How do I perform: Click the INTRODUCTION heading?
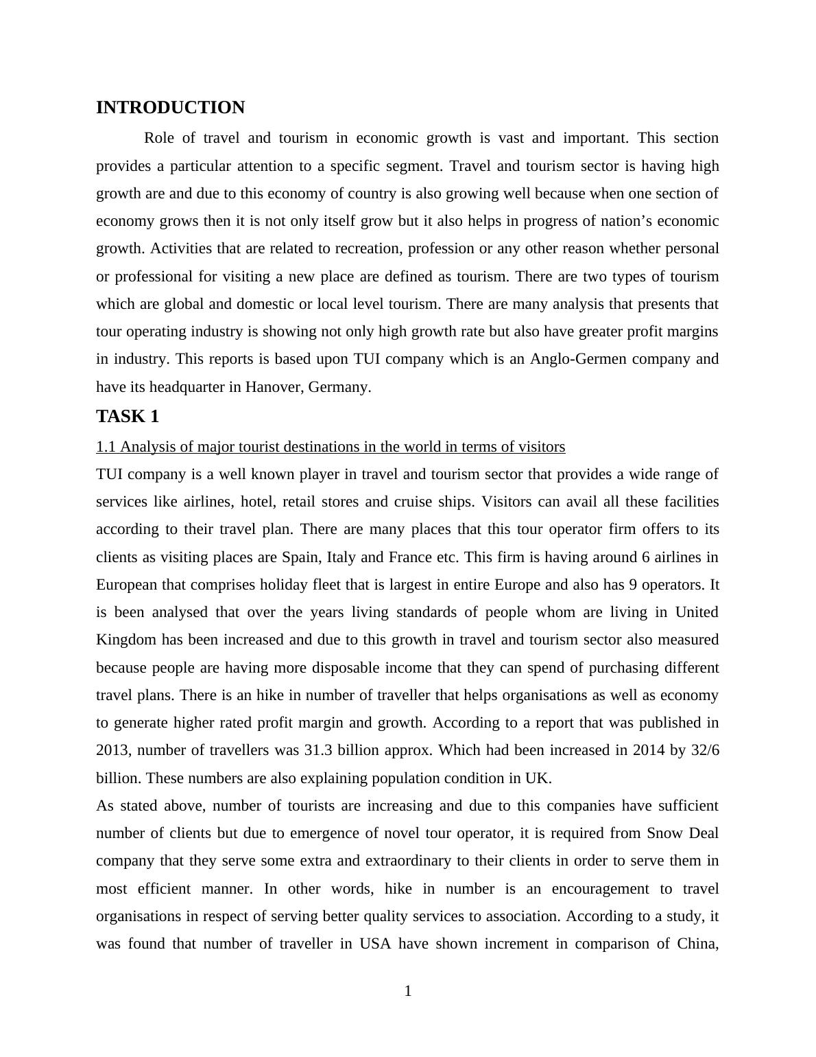click(170, 108)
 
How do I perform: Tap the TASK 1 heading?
click(128, 417)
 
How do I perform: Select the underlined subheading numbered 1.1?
click(331, 447)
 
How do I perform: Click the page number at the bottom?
click(408, 991)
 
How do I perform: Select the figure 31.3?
click(318, 750)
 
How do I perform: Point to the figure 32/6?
click(705, 750)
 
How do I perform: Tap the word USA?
click(375, 944)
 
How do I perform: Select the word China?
click(697, 944)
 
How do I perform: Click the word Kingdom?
click(126, 640)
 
